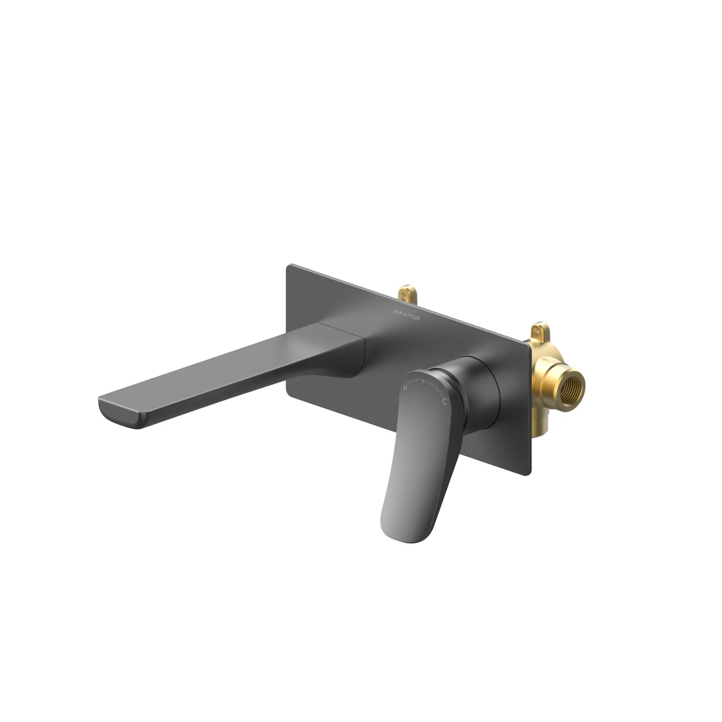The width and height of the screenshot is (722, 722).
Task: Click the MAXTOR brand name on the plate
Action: coord(407,315)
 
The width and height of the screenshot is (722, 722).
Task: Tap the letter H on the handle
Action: coord(405,388)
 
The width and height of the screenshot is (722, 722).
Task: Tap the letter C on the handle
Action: coord(445,401)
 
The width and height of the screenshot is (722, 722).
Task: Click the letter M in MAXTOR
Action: coord(396,312)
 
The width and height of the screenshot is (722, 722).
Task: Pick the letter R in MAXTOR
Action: coord(417,319)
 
